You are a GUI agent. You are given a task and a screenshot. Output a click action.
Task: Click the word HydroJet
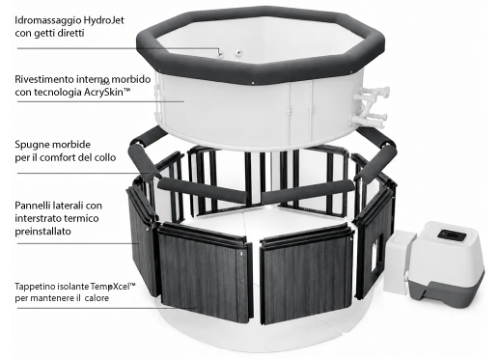click(x=103, y=20)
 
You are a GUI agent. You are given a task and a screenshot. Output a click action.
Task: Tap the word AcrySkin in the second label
click(x=103, y=92)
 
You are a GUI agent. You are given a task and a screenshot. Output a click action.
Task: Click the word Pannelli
click(x=32, y=206)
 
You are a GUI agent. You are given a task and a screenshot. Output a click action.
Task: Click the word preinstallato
click(x=42, y=232)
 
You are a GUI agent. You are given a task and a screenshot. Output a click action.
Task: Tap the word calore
click(x=97, y=298)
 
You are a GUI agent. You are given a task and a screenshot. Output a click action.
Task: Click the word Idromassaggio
click(x=48, y=21)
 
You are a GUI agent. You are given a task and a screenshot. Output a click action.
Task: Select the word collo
click(x=105, y=157)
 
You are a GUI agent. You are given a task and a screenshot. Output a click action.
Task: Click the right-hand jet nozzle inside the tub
click(x=238, y=52)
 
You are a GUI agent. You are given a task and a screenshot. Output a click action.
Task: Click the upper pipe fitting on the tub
click(x=374, y=95)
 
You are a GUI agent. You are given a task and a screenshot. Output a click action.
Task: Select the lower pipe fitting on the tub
click(x=370, y=119)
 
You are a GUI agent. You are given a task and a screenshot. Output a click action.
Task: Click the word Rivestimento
click(x=43, y=79)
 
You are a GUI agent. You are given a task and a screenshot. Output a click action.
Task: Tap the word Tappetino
click(x=35, y=287)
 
